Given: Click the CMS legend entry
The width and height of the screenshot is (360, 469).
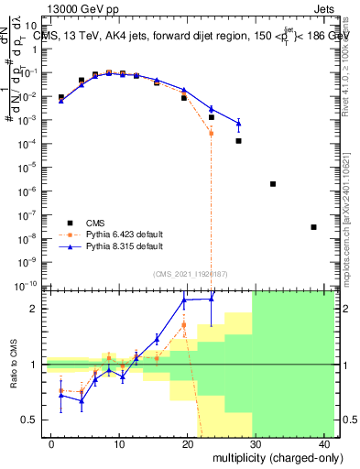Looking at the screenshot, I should [x=94, y=223].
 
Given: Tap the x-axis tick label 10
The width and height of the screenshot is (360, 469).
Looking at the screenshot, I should [x=118, y=443].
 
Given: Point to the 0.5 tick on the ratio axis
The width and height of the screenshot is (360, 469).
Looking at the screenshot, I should [x=31, y=420].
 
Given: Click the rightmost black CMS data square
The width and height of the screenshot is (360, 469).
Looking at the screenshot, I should [x=313, y=227].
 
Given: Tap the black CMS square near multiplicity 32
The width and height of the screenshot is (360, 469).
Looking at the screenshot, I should [x=273, y=184].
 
